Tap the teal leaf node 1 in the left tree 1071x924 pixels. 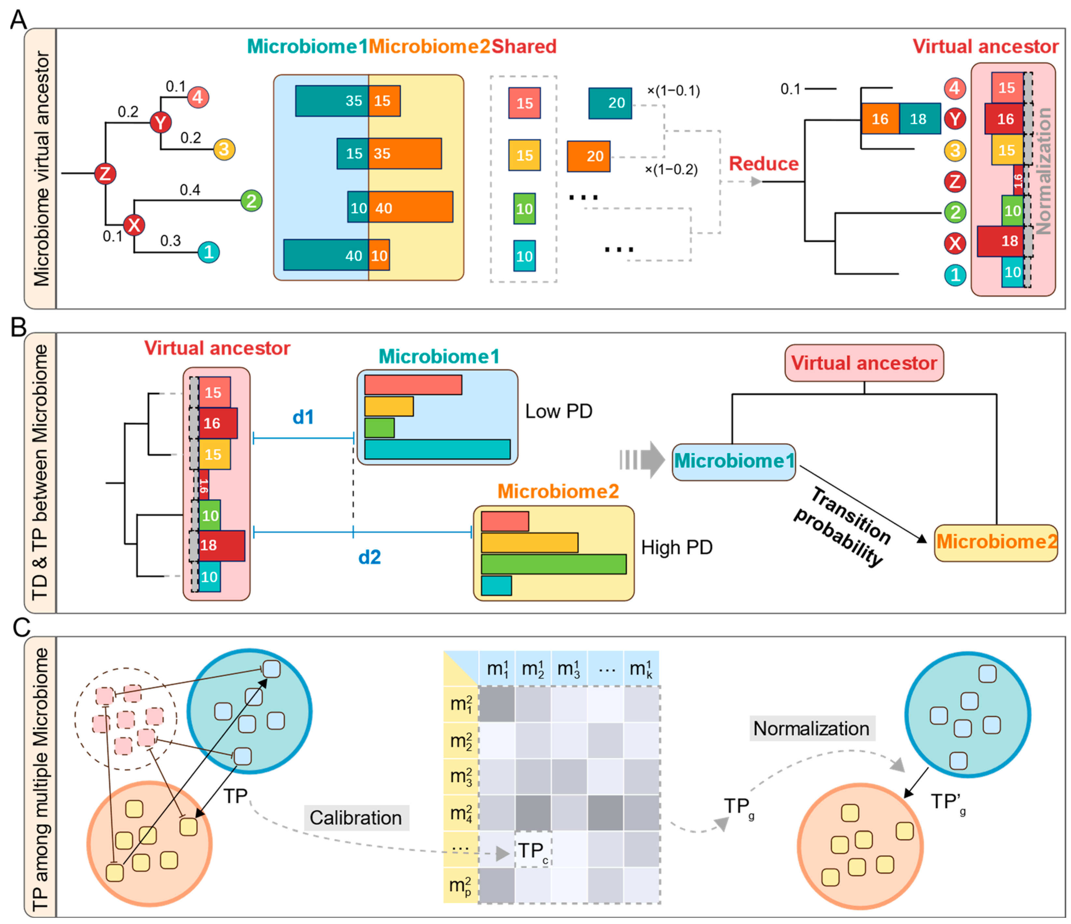209,252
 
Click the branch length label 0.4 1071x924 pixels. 190,190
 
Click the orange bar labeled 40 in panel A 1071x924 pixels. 410,207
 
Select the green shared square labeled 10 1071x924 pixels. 524,208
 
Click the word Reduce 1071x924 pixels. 763,163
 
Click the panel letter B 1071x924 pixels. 18,327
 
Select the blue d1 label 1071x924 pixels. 303,417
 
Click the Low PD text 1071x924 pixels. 558,411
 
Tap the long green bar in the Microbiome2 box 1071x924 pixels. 553,563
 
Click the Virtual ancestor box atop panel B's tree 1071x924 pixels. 864,363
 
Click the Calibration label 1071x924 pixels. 355,817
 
